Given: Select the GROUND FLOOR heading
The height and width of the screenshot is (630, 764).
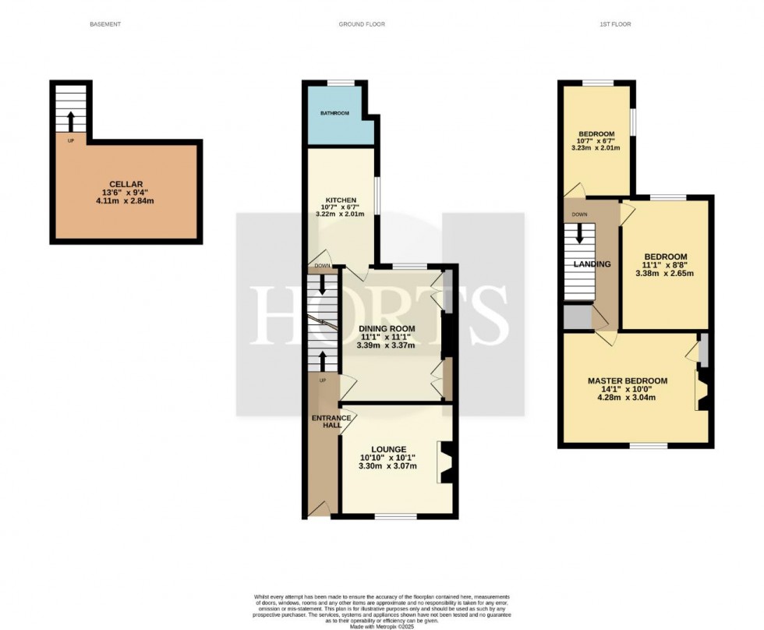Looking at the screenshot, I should (361, 24).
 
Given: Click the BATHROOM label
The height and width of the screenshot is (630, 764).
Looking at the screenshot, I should (334, 114).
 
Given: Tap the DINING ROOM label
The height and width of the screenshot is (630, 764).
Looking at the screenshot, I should (386, 329).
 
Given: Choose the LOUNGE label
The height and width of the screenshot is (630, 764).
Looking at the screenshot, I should (388, 449).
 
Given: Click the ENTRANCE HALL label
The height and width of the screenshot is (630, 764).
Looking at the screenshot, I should (326, 423).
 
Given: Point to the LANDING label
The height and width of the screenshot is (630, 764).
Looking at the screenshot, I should (591, 265).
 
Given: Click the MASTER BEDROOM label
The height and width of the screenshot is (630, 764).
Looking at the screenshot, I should (628, 380).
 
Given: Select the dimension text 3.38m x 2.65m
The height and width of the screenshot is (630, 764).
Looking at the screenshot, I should (665, 274).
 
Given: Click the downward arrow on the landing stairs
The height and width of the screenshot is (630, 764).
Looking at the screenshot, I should (578, 234).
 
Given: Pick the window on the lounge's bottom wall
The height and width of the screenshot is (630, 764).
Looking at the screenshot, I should (394, 517).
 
